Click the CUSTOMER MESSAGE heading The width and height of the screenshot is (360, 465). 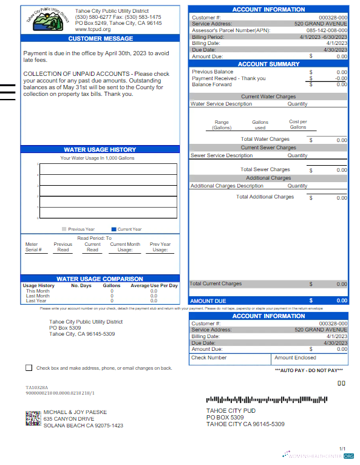pos(100,38)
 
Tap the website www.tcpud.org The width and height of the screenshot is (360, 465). pos(93,29)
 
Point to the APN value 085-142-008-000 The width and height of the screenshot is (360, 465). pos(327,30)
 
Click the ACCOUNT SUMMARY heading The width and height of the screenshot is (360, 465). pos(268,64)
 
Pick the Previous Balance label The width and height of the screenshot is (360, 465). pos(212,72)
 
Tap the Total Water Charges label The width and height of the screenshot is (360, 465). pos(265,139)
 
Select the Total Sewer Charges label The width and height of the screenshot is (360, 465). pos(265,169)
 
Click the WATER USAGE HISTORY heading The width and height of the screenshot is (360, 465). pos(100,149)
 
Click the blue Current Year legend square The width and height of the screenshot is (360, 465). pos(114,229)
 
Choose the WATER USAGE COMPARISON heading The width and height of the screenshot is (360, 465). pos(100,279)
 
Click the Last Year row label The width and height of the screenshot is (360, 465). pos(36,300)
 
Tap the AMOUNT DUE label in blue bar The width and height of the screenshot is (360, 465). pos(208,300)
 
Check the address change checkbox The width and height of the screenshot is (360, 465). pos(29,368)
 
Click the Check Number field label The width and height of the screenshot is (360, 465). pos(209,358)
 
